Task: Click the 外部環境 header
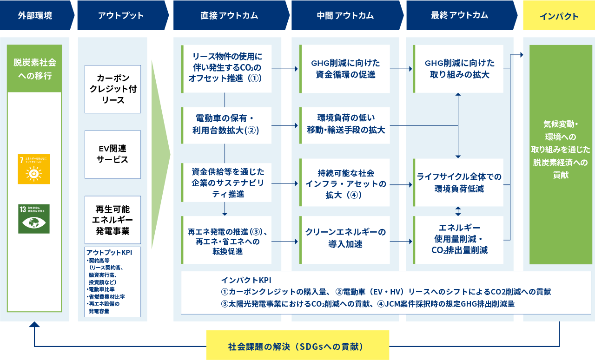[x=35, y=16]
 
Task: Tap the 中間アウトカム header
[x=345, y=16]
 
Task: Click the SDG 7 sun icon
[x=33, y=169]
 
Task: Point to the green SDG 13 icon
[x=33, y=219]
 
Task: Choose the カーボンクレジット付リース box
[x=112, y=89]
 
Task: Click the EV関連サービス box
[x=112, y=154]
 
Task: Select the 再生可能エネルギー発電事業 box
[x=112, y=220]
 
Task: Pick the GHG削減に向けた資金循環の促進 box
[x=345, y=69]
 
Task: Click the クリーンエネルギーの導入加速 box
[x=345, y=238]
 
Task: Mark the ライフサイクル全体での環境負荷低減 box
[x=458, y=183]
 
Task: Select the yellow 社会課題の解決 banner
[x=297, y=345]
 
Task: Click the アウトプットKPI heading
[x=109, y=252]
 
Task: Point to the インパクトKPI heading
[x=246, y=280]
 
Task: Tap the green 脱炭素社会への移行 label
[x=34, y=69]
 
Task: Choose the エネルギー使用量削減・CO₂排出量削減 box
[x=458, y=239]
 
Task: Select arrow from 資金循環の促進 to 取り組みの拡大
[x=401, y=69]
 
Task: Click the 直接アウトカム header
[x=229, y=16]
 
